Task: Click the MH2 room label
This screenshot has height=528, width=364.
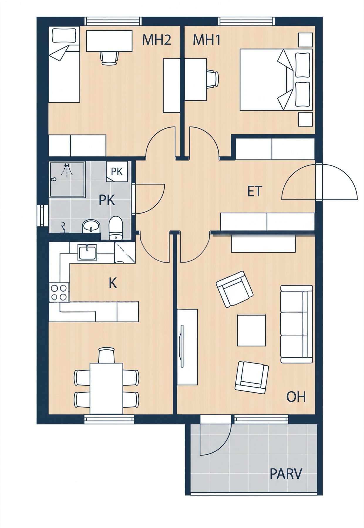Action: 156,40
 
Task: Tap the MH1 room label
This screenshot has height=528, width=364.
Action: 207,40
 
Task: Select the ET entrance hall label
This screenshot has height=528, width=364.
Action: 255,192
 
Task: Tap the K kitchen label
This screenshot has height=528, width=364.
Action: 113,283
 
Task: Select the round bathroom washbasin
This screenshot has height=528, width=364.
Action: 91,226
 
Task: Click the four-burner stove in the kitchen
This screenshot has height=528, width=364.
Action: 59,292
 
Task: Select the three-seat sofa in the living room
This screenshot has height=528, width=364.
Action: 296,324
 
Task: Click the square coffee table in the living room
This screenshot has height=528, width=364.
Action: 252,330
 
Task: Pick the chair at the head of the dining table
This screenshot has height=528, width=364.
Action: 106,355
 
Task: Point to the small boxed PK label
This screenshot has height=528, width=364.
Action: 117,172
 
